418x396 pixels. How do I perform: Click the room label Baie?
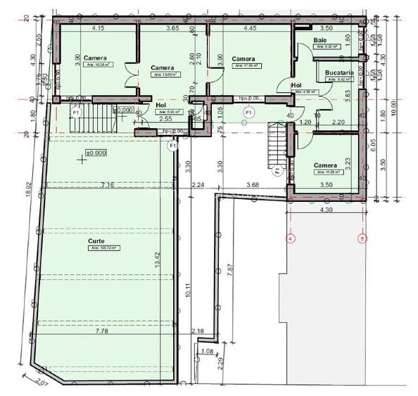click(320, 41)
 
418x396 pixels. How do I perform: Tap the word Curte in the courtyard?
click(96, 241)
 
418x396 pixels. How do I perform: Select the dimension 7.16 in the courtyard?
click(107, 185)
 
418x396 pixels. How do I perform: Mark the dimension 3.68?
click(253, 185)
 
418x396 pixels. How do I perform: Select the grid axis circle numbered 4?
click(291, 239)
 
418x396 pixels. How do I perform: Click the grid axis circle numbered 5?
click(362, 239)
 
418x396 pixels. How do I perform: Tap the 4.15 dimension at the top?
click(98, 28)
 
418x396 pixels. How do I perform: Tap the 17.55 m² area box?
click(247, 66)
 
